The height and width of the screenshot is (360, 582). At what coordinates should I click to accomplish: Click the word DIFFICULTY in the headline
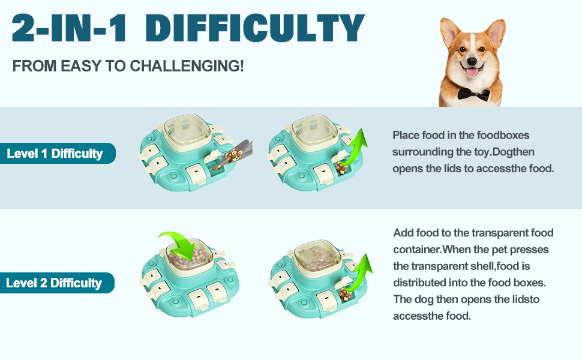pyautogui.click(x=255, y=28)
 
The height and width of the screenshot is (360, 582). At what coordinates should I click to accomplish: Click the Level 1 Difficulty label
pyautogui.click(x=55, y=154)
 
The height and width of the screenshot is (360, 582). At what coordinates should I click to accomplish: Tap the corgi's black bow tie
pyautogui.click(x=473, y=94)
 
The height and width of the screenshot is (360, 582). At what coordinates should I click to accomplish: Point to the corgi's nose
pyautogui.click(x=472, y=61)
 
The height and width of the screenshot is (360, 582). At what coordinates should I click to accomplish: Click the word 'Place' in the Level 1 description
pyautogui.click(x=406, y=135)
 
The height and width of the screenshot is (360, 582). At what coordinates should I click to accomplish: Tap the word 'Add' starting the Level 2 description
pyautogui.click(x=403, y=233)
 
